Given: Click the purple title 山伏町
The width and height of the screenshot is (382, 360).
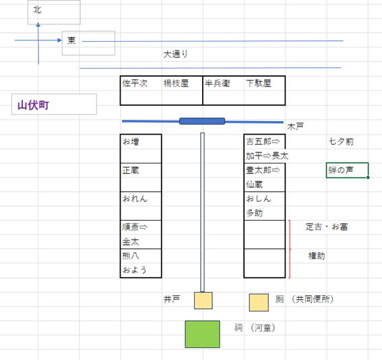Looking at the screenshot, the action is (x=33, y=106).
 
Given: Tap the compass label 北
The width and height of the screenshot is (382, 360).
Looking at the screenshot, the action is (x=37, y=9).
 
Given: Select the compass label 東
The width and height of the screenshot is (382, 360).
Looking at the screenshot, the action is (x=71, y=40).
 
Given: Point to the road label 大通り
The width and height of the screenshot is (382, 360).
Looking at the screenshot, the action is (x=175, y=54).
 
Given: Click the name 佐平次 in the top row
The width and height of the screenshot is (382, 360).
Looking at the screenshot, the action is (x=135, y=83).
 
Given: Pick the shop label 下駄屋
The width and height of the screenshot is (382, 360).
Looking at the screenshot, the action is (x=259, y=83).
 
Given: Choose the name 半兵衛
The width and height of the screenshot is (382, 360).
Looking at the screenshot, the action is (x=218, y=83).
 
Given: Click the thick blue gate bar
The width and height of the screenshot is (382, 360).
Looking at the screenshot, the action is (x=202, y=121).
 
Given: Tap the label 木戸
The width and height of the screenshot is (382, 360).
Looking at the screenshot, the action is (x=295, y=127).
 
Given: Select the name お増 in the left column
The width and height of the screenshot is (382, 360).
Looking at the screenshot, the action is (x=131, y=141).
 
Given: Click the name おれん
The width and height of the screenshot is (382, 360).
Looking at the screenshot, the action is (x=135, y=199).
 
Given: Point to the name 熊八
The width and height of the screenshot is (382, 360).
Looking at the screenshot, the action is (x=131, y=256).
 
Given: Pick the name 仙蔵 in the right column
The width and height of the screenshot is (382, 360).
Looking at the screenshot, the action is (x=255, y=184).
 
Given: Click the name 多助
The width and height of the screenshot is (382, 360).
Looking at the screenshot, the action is (x=255, y=213).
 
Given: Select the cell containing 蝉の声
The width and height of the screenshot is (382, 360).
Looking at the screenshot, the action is (x=347, y=170).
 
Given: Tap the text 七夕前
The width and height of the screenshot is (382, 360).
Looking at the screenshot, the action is (x=341, y=141).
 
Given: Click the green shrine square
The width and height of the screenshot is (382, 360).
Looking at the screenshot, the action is (x=202, y=334).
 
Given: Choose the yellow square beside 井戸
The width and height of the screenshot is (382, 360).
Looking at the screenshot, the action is (x=203, y=300).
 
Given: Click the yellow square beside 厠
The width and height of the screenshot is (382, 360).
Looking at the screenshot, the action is (x=259, y=302).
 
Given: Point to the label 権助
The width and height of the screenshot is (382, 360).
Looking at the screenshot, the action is (x=317, y=256).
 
